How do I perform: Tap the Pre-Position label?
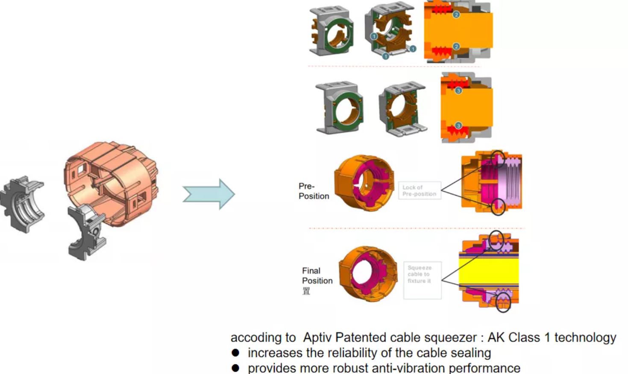coord(313,191)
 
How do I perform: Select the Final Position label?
coord(317,275)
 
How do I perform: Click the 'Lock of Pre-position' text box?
coord(419,190)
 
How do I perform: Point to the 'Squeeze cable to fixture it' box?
coord(422,280)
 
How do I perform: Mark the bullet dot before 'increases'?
coord(235,353)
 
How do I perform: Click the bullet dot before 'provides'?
coord(235,368)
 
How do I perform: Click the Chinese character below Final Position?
coord(306,291)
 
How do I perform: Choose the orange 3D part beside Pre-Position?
coord(364,183)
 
